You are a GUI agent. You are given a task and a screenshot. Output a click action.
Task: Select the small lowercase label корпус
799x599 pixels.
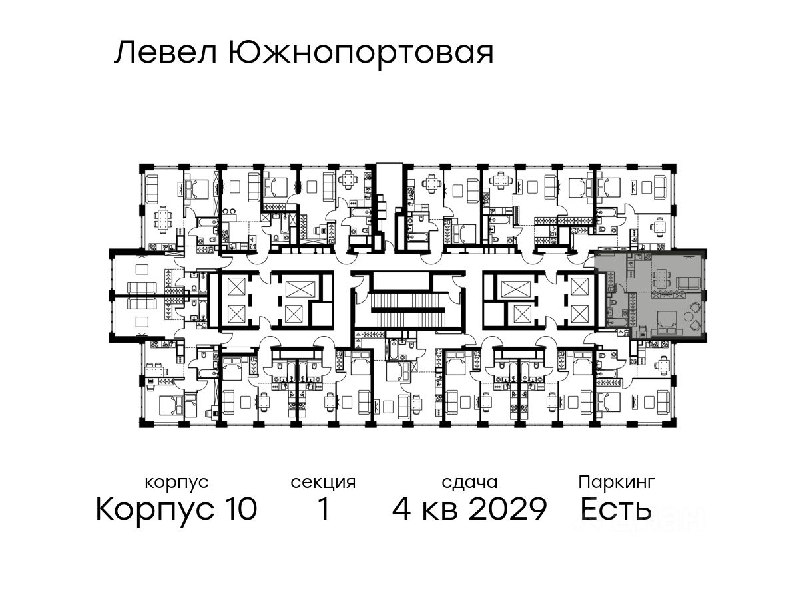click(176, 482)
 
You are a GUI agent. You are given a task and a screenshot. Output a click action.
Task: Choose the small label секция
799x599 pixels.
click(323, 482)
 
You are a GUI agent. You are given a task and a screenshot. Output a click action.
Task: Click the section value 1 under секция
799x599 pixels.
click(323, 510)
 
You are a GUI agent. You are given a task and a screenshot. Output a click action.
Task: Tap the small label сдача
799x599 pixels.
click(469, 482)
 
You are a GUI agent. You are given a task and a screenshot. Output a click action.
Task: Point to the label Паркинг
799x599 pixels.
click(617, 482)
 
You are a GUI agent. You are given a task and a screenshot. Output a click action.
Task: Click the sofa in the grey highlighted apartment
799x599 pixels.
click(688, 282)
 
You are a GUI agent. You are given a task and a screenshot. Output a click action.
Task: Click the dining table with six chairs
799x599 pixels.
click(162, 218)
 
